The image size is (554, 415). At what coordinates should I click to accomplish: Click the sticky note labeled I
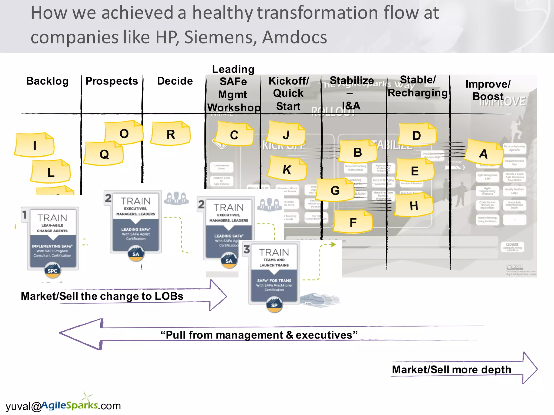click(34, 145)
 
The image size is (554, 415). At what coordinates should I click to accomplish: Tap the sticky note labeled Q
click(104, 154)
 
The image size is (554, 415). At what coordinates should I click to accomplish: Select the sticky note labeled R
click(171, 134)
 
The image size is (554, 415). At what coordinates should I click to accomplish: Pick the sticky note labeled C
click(234, 135)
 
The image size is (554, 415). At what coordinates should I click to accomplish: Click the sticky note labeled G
click(335, 190)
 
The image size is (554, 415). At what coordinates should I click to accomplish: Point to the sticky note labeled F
click(353, 222)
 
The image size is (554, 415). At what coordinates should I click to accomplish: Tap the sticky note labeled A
click(483, 153)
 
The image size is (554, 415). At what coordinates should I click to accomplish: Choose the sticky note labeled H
click(414, 206)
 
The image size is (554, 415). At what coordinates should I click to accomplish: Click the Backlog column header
click(47, 81)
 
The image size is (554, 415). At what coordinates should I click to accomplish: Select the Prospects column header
click(112, 81)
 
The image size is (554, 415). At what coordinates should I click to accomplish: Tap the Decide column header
click(175, 81)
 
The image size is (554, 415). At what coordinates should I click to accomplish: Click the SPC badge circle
click(52, 271)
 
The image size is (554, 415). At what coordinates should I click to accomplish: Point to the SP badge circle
click(274, 305)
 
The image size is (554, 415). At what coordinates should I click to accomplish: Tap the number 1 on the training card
click(25, 215)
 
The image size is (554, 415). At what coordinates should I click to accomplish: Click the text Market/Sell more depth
click(451, 370)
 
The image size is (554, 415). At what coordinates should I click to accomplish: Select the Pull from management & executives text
click(259, 335)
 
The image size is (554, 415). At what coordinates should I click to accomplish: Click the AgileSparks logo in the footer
click(70, 405)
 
